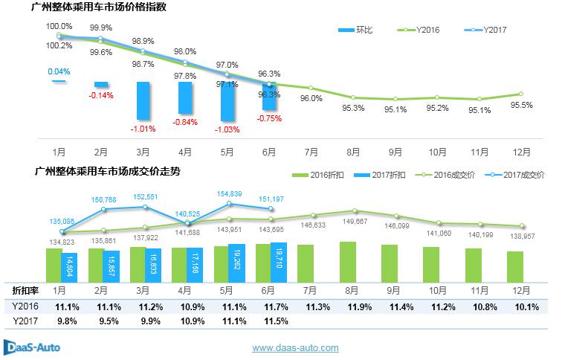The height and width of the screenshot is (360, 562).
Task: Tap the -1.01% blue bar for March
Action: pos(143,101)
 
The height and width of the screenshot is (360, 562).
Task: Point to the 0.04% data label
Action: pos(58,71)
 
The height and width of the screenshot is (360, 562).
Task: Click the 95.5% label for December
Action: pos(522,105)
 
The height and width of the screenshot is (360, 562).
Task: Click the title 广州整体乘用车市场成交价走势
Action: pos(107,170)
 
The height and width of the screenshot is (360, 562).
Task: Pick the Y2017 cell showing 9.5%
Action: pos(101,321)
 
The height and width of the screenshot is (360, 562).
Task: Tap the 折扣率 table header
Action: pos(25,290)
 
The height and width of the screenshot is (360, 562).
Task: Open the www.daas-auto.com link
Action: pos(296,347)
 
